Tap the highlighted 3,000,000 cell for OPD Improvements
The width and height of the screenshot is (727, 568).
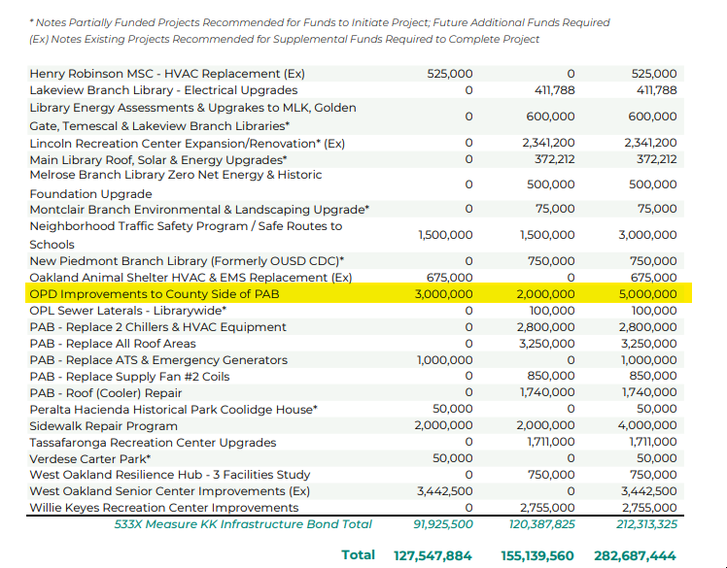[444, 293]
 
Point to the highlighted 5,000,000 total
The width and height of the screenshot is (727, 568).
[648, 293]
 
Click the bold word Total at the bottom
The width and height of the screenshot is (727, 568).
[358, 554]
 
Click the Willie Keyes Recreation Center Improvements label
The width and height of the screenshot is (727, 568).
[164, 508]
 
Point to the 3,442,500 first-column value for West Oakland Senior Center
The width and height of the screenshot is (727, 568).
[444, 491]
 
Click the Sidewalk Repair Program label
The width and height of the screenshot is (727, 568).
[104, 425]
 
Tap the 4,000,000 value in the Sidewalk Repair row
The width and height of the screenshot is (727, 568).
[648, 425]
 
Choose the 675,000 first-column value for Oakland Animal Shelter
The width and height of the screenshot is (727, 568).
[450, 277]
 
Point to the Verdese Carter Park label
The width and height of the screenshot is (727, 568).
[89, 458]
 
